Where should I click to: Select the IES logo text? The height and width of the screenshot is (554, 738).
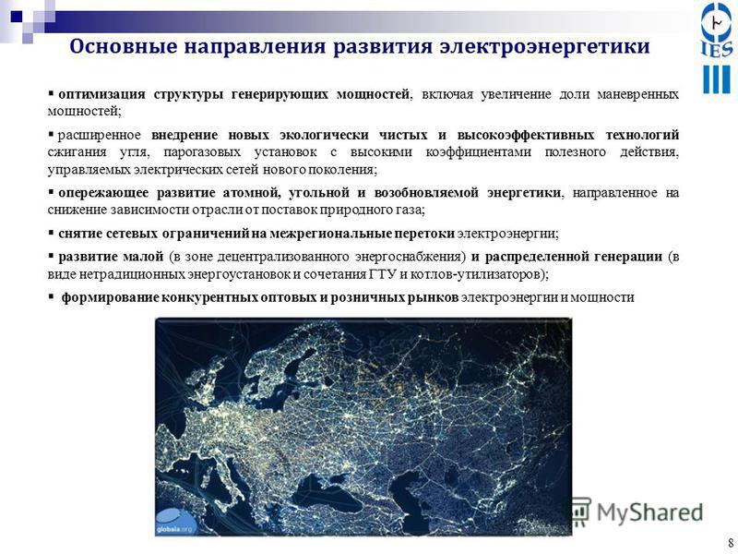click(717, 49)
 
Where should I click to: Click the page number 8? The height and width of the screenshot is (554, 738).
click(731, 541)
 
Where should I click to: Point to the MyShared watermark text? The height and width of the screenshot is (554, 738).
click(650, 512)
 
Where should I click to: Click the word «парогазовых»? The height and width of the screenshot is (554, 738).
click(202, 152)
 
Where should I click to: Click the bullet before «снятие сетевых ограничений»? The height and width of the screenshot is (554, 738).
click(51, 233)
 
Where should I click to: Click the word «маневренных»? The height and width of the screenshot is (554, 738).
click(637, 94)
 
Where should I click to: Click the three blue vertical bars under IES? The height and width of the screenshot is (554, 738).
click(717, 79)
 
